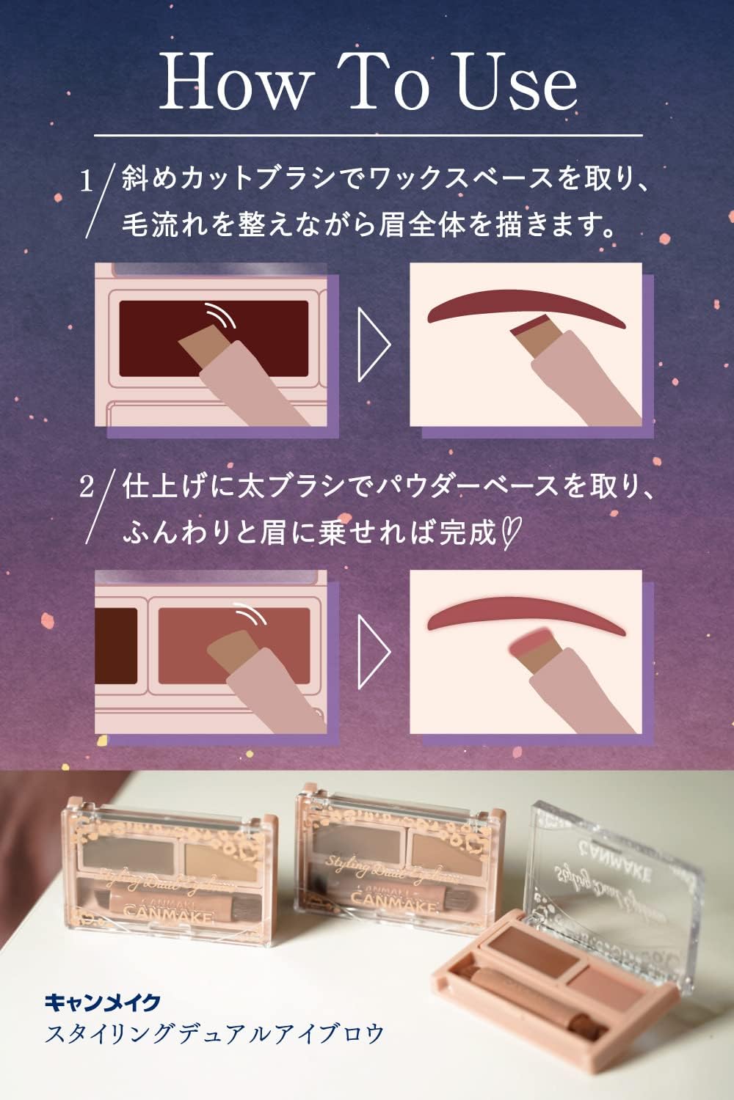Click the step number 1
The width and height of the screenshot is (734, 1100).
click(87, 181)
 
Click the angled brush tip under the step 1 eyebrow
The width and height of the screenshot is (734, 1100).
click(530, 330)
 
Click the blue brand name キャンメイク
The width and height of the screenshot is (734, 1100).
click(102, 1001)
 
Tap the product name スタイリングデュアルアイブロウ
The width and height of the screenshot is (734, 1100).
click(214, 1034)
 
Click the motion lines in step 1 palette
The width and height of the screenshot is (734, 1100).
click(220, 314)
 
